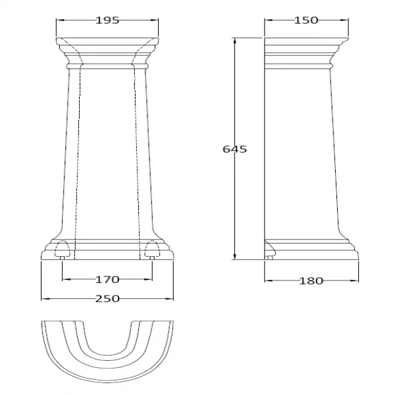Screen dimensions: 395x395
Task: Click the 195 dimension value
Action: (x=107, y=20)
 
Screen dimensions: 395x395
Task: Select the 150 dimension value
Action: (x=306, y=20)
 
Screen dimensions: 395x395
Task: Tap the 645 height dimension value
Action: (x=234, y=149)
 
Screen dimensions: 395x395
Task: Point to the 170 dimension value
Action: (x=107, y=279)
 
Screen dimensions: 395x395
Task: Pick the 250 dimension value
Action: (x=107, y=299)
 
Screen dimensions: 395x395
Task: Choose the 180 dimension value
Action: (x=311, y=280)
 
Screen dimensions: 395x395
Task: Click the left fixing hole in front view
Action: (x=62, y=250)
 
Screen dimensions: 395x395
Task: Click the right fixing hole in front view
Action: (x=152, y=250)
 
